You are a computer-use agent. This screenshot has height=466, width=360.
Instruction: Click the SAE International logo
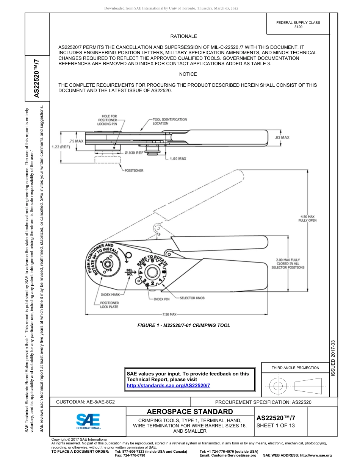88,421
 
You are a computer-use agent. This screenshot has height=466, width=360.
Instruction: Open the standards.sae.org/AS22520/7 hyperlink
168,385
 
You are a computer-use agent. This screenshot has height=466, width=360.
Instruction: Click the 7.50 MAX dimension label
169,314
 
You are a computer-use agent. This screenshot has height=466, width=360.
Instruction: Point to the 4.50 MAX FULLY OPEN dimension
307,218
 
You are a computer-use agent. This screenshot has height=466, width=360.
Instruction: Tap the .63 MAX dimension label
282,138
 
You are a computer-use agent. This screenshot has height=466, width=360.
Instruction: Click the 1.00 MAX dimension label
178,159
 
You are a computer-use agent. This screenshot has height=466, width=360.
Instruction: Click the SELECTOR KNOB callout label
192,298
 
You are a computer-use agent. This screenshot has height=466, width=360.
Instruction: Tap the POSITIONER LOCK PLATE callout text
109,305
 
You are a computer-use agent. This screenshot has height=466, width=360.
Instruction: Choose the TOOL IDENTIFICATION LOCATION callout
169,121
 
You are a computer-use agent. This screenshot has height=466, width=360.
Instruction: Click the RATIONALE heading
183,36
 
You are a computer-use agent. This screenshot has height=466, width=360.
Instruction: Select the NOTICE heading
188,74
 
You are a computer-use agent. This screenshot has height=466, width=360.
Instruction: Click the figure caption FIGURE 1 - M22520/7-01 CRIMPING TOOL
183,325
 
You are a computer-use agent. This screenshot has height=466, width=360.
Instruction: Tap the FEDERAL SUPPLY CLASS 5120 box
298,25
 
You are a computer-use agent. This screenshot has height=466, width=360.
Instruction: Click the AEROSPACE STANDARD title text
190,412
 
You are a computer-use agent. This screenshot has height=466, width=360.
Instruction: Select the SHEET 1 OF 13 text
275,425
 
